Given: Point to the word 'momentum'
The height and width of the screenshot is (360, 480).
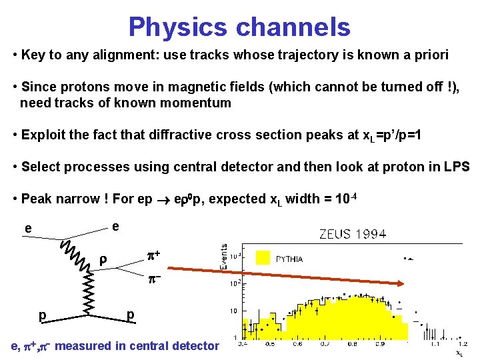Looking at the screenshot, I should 196,103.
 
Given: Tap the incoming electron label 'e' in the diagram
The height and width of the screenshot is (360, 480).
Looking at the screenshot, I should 27,229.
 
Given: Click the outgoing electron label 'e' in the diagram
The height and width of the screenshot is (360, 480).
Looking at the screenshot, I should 115,227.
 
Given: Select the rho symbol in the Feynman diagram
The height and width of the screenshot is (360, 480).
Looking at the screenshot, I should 103,261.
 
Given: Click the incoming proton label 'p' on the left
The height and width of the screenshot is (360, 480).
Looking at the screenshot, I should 42,314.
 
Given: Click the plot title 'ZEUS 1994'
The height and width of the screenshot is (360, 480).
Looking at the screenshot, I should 353,234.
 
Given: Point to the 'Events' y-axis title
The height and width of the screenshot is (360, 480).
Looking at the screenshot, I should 225,256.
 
